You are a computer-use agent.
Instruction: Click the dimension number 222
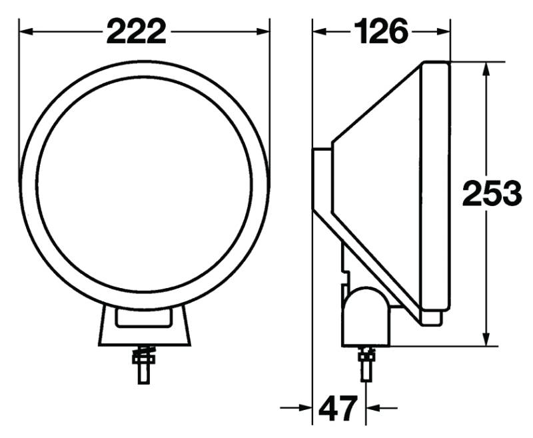click(x=136, y=31)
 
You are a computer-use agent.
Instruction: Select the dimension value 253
click(x=492, y=194)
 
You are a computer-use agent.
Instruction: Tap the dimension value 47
click(x=338, y=407)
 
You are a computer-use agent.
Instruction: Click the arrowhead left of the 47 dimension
click(x=307, y=407)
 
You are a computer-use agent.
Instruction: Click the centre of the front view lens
click(x=145, y=183)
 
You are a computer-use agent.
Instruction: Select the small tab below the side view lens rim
click(x=432, y=317)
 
